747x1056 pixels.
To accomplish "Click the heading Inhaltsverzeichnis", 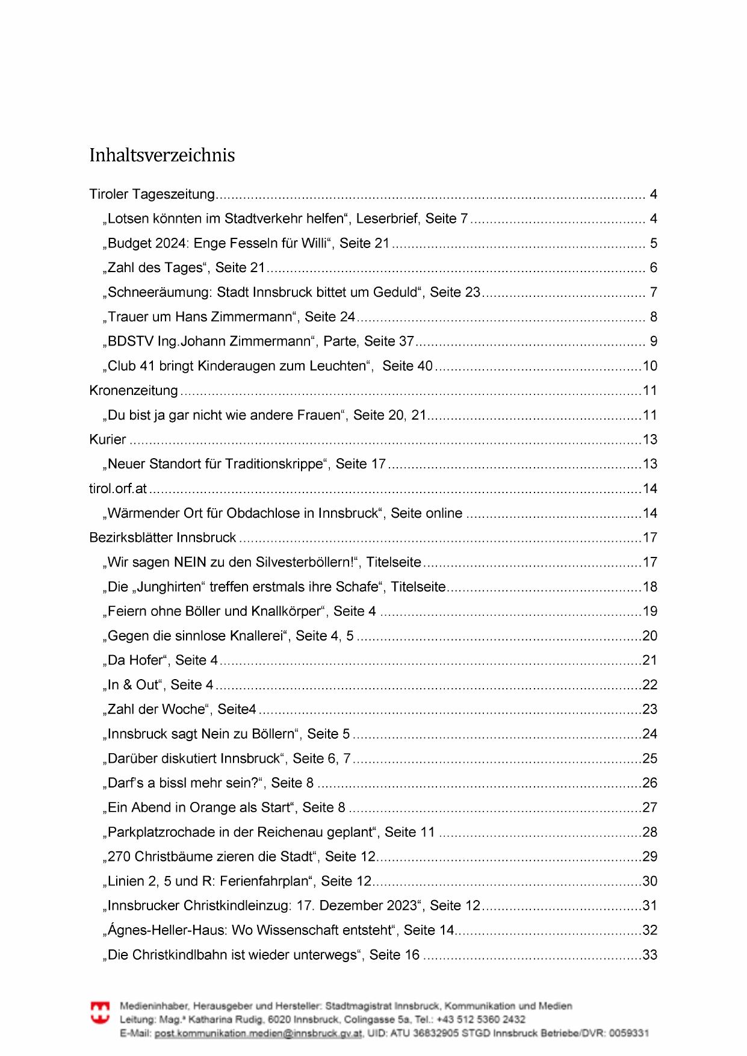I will click(162, 155).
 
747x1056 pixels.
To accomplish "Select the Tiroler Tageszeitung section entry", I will click(152, 194).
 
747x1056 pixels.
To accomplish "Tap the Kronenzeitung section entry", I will click(134, 391).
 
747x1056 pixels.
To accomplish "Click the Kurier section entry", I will click(108, 439).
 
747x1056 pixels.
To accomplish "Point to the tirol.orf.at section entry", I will click(118, 489).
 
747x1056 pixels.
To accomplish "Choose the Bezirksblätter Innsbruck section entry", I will click(163, 538).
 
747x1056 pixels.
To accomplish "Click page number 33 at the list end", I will click(649, 955).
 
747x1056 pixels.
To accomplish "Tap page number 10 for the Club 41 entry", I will click(649, 366).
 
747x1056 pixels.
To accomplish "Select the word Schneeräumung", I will click(160, 293).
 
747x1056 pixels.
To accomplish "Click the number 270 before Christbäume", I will click(119, 857).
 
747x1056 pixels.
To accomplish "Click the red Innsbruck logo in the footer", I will click(100, 1012).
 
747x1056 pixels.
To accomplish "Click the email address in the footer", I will click(258, 1033).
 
